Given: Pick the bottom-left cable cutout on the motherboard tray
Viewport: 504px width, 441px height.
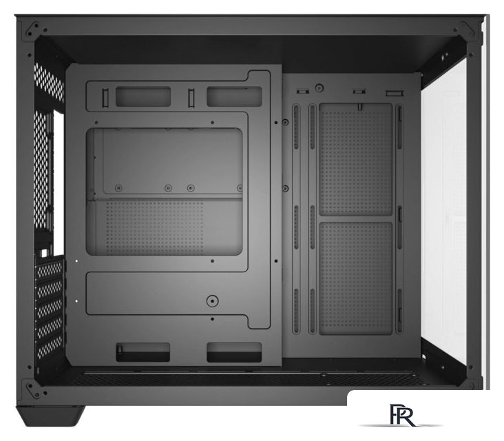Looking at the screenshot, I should click(143, 351).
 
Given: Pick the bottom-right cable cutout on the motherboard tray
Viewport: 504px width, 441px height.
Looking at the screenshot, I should click(234, 351).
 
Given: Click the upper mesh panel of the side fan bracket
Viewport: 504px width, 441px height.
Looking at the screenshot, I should click(356, 159).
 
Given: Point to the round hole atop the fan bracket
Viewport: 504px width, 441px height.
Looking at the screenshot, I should click(319, 88).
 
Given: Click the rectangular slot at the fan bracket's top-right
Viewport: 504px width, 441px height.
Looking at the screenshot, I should click(393, 92).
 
